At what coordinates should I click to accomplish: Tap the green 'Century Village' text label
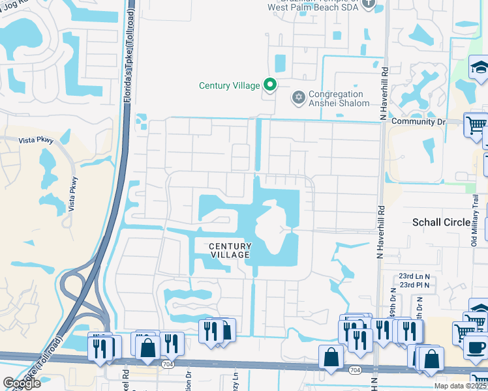[x=230, y=85]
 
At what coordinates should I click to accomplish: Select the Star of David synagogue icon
[x=299, y=98]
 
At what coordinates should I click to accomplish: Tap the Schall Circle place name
[x=441, y=222]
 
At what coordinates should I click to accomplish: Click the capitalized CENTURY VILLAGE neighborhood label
[x=230, y=250]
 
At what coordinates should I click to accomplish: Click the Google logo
[x=21, y=383]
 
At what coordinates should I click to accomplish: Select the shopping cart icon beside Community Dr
[x=476, y=124]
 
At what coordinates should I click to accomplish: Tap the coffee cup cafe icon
[x=476, y=346]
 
